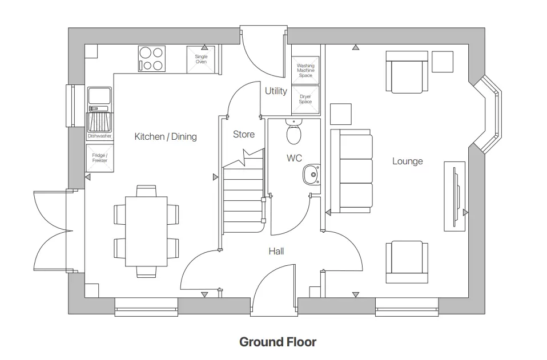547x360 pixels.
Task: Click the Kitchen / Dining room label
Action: [x=165, y=136]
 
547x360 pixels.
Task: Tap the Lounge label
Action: [x=407, y=161]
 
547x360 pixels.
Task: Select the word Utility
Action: [x=276, y=91]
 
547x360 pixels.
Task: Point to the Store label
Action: [x=244, y=135]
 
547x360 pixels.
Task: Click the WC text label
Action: [x=294, y=158]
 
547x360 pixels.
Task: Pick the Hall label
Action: [x=276, y=251]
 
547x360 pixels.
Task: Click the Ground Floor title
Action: [x=277, y=342]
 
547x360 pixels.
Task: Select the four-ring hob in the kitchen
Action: [x=151, y=59]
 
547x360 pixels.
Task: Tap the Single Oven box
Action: [x=201, y=59]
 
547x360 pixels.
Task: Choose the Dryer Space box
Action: [x=305, y=99]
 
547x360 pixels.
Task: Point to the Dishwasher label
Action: [x=99, y=136]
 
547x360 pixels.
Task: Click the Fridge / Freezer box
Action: [x=99, y=158]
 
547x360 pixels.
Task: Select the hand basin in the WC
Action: [x=312, y=175]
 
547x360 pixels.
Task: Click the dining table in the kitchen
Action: [x=146, y=230]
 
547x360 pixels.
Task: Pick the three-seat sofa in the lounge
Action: [x=351, y=171]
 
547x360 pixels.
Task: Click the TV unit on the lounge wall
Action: [x=455, y=196]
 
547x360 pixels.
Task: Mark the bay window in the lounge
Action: [x=490, y=115]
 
